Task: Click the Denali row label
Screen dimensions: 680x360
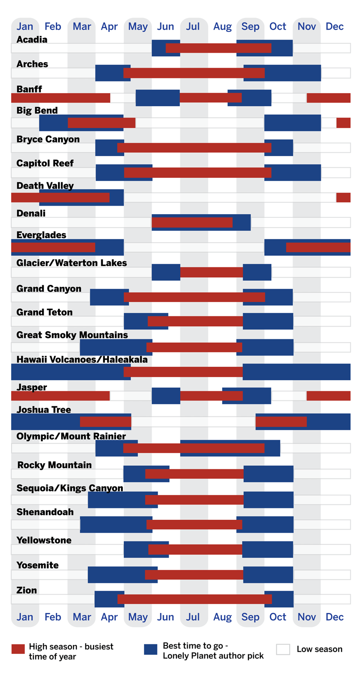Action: click(x=31, y=213)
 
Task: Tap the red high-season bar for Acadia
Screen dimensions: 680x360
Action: click(x=218, y=48)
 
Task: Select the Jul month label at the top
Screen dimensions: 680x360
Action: click(x=193, y=27)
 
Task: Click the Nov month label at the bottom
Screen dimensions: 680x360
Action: click(x=306, y=617)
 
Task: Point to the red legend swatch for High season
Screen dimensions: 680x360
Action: click(x=18, y=649)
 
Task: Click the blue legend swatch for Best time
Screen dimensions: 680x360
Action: click(x=150, y=649)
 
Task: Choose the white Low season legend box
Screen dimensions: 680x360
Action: click(x=283, y=649)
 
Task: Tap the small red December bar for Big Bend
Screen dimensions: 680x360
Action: click(x=343, y=122)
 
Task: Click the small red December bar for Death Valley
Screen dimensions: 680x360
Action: click(x=343, y=197)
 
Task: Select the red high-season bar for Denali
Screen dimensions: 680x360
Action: click(x=192, y=222)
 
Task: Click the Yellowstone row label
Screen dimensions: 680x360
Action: click(x=44, y=540)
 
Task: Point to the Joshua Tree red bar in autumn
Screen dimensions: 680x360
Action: click(x=281, y=422)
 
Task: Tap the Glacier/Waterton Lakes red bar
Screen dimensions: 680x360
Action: click(x=211, y=272)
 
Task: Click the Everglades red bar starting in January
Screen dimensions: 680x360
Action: click(x=53, y=247)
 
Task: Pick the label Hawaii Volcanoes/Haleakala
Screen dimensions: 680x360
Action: click(x=82, y=359)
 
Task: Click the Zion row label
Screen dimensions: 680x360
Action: click(x=27, y=590)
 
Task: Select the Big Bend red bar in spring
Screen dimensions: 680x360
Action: click(x=101, y=122)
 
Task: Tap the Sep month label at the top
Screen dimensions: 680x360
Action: click(x=250, y=27)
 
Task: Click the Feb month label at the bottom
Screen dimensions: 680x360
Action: click(x=53, y=617)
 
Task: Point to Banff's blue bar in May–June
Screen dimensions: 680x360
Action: click(x=157, y=98)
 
